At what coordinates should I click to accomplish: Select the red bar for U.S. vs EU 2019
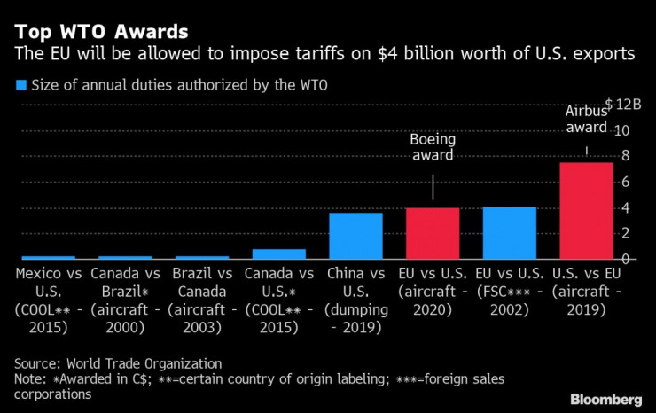pos(586,210)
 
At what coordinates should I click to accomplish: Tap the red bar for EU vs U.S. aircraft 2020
pos(433,233)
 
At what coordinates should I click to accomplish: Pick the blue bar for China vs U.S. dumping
pos(355,236)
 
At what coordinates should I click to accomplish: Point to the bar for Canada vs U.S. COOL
pos(278,253)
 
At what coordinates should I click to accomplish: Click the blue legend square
pos(20,86)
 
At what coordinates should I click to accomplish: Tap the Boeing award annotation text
pos(431,147)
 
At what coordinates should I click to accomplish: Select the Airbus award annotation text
pos(586,120)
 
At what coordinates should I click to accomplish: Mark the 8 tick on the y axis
pos(624,156)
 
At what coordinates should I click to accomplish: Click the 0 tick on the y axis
pos(624,259)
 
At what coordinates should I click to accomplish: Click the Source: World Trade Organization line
pos(118,363)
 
